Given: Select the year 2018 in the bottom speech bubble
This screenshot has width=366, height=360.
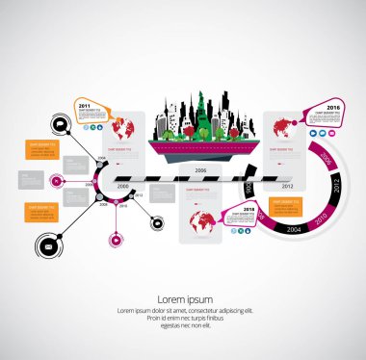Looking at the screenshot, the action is tap(248, 209).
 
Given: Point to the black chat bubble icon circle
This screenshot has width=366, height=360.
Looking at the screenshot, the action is tap(60, 125).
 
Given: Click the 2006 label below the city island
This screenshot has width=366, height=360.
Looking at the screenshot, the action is tap(200, 169).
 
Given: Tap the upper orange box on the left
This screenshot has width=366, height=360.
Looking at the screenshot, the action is tap(41, 148).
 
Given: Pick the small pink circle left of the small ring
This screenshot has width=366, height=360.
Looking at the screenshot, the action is tap(57, 179).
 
